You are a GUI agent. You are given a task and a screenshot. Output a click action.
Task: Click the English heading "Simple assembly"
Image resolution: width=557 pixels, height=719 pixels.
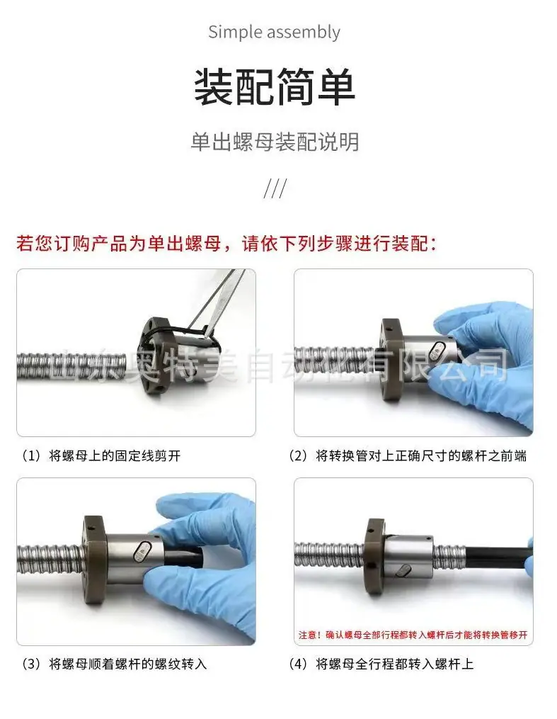tap(274, 33)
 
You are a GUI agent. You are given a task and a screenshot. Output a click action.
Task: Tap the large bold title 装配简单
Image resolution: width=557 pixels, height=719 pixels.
tap(275, 86)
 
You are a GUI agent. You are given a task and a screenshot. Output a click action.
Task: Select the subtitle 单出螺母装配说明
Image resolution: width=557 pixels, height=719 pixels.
tap(275, 142)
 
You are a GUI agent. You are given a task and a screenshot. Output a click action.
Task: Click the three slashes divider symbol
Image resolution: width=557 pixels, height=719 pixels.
tap(275, 188)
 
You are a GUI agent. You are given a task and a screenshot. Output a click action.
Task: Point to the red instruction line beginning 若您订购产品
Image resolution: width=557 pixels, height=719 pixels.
tap(226, 243)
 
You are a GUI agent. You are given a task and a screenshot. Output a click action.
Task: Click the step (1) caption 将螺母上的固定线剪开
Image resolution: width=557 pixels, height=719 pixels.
tap(101, 455)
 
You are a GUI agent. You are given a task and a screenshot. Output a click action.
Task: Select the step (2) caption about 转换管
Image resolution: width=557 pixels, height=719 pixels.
tap(408, 455)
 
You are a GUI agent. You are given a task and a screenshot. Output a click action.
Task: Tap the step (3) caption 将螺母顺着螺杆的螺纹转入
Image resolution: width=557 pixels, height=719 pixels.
tap(114, 664)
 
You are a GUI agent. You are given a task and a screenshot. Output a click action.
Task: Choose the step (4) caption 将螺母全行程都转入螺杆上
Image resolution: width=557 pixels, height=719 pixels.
tap(381, 664)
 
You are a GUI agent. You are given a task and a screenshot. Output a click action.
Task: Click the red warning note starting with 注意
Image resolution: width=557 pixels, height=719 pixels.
tap(413, 635)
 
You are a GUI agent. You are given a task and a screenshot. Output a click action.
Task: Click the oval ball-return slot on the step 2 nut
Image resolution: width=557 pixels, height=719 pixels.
tap(435, 352)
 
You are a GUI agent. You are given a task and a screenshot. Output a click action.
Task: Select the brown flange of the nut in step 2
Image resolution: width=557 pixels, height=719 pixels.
tap(391, 359)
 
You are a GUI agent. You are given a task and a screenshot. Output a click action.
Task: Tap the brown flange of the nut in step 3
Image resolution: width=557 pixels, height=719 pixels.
tap(95, 560)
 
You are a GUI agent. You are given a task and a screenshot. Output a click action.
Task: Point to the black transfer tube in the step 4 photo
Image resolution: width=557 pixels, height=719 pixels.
tap(497, 556)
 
